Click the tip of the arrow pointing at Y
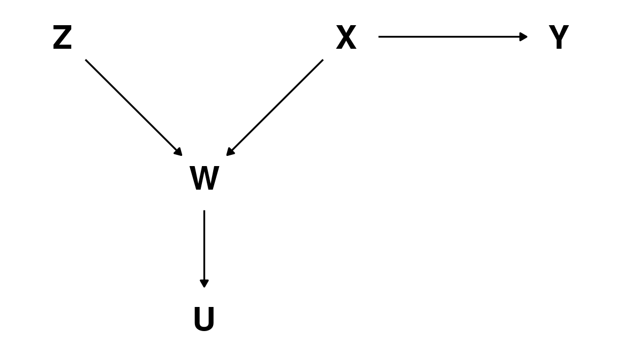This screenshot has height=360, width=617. coord(527,37)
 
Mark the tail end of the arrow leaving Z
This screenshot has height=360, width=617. coord(85,60)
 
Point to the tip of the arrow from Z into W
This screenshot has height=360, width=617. coord(182,156)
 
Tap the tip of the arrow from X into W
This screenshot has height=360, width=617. coord(227,156)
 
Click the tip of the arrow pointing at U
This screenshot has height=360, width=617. coord(204,288)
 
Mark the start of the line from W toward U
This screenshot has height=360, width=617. coord(204,211)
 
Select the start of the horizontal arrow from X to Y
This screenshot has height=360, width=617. coord(379,37)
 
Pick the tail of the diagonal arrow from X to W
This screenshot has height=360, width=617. coord(323,60)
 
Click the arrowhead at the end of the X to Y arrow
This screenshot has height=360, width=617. coord(523,37)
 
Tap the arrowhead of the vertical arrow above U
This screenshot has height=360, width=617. coord(204,284)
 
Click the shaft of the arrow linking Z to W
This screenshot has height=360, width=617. coord(134,108)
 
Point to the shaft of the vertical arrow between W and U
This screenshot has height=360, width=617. coord(204,249)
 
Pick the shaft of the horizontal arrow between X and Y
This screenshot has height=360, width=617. coord(453,37)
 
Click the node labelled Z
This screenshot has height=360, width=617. coord(62,37)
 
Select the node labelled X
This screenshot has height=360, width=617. coord(347,37)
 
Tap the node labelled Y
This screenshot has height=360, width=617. coord(559,37)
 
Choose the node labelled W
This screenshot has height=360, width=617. coord(204,178)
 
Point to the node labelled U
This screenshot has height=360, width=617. coord(204,319)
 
